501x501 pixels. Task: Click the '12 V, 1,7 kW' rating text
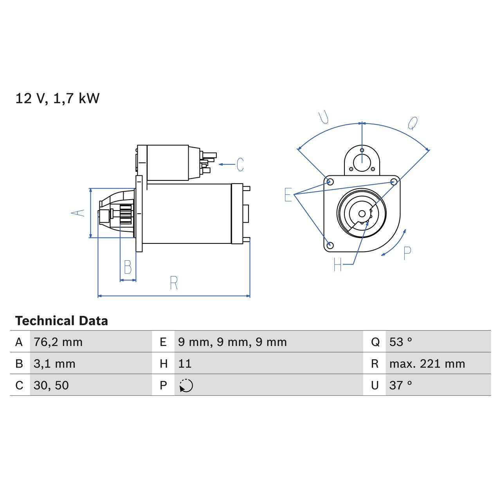(x=58, y=98)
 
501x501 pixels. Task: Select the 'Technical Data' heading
(x=61, y=321)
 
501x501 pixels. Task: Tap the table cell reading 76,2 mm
(x=58, y=342)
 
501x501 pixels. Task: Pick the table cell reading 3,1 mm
(x=54, y=364)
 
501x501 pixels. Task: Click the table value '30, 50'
(x=51, y=385)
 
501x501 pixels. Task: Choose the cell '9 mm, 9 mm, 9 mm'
(x=232, y=342)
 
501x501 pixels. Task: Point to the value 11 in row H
(x=185, y=364)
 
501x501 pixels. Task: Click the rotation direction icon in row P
(x=186, y=386)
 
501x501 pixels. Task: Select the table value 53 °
(x=400, y=342)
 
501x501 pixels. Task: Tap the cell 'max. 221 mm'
(x=427, y=364)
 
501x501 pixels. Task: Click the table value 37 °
(x=400, y=385)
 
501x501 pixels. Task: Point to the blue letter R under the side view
(x=174, y=283)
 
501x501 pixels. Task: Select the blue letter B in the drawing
(x=128, y=267)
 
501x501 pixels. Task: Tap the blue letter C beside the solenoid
(x=240, y=164)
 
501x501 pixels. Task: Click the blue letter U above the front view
(x=323, y=117)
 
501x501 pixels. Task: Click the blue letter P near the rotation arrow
(x=407, y=254)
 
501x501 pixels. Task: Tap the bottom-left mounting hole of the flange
(x=330, y=245)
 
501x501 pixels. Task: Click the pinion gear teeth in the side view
(x=126, y=214)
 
